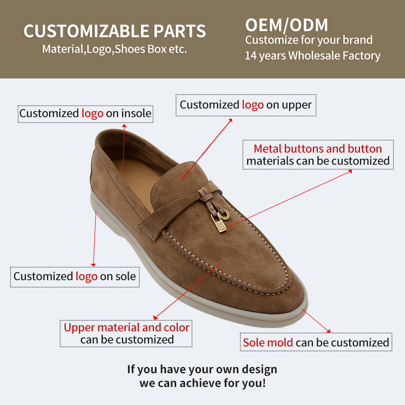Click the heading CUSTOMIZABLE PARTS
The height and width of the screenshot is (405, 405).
coord(114,31)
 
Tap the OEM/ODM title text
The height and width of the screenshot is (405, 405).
coord(287,25)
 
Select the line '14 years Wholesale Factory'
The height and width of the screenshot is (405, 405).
coord(312,56)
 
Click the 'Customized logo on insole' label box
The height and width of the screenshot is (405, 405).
coord(85,113)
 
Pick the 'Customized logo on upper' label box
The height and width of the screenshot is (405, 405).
coord(246,105)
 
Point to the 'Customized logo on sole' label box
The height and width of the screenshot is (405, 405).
coord(75,276)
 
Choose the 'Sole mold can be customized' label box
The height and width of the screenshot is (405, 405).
coord(316,343)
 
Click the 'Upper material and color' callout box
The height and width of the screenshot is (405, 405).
coord(127,333)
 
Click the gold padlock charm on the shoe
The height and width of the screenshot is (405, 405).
coord(216,220)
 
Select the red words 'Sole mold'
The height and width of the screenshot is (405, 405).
coord(268,343)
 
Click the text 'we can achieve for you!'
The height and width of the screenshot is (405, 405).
coord(202,383)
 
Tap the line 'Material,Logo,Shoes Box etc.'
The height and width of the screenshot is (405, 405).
coord(114,50)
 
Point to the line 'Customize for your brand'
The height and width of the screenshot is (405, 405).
coord(309,40)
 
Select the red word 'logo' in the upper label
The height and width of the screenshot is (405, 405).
coord(253,105)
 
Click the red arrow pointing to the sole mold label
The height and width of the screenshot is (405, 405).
coord(319,322)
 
